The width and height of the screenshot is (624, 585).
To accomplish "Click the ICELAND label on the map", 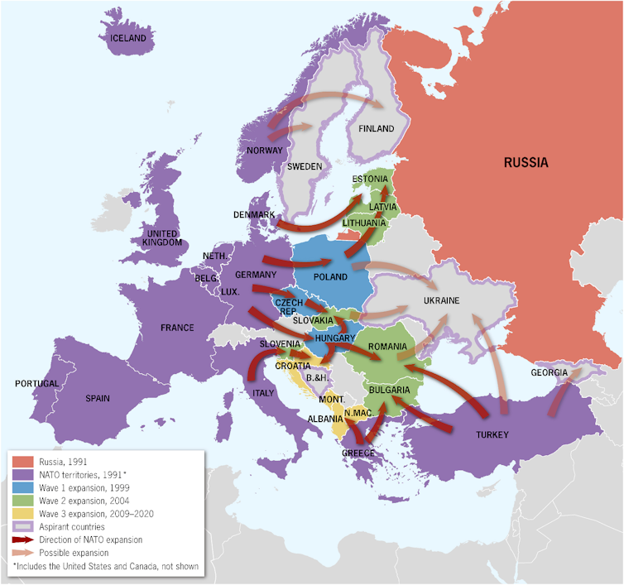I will tap(128, 38).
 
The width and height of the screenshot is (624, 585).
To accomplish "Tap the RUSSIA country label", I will tap(526, 162).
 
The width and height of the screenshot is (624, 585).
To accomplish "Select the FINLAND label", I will tap(376, 129).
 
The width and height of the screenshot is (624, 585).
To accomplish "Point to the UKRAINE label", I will tap(440, 300).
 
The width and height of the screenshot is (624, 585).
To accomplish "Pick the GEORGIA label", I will tap(550, 372).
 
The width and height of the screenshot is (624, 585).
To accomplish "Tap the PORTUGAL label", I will tap(36, 384).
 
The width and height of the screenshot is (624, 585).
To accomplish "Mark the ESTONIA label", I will tap(369, 179).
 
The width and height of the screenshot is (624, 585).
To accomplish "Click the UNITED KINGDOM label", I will tap(161, 237).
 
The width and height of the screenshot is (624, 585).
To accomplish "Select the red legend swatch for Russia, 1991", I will tap(23, 462).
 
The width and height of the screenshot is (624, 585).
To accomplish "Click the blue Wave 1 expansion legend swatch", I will tap(23, 487).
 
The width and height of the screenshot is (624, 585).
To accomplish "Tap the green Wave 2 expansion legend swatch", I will tap(23, 501).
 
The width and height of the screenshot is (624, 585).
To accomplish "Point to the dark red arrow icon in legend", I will tap(23, 539).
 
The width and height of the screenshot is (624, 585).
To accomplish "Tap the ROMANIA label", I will tap(388, 346).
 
